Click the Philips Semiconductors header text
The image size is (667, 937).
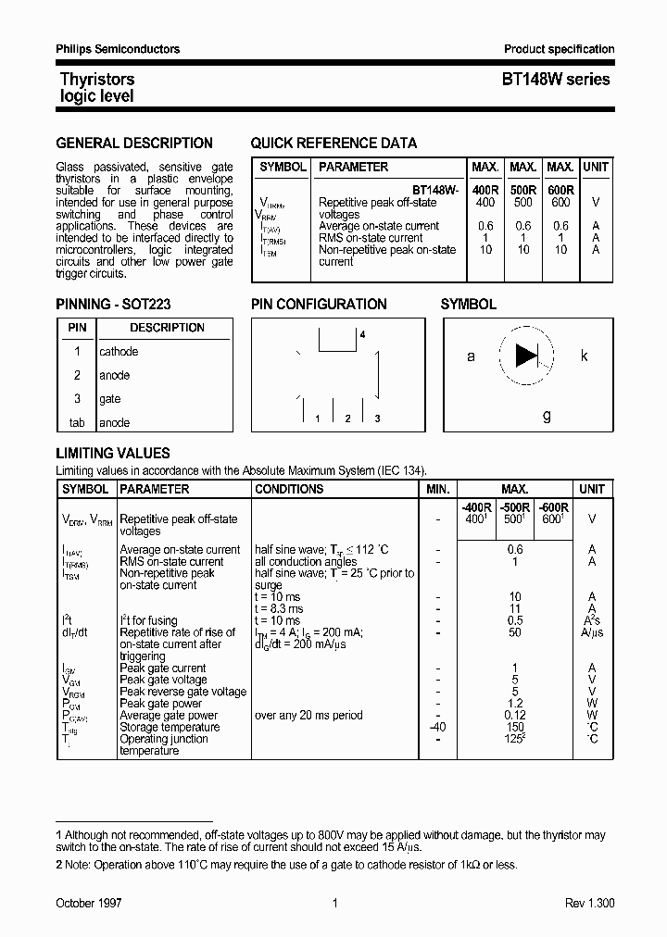[118, 49]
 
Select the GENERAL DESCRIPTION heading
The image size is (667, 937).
[134, 144]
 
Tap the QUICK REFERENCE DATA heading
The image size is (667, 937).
[333, 144]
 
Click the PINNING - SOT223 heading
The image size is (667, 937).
[113, 304]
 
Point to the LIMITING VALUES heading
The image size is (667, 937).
[113, 454]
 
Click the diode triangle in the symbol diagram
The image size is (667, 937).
[526, 355]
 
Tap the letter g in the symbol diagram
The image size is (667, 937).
[547, 416]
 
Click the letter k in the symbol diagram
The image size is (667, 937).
[585, 356]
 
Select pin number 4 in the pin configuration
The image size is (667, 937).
[362, 334]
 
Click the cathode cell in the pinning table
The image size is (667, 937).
[119, 352]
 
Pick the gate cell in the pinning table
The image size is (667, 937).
[110, 399]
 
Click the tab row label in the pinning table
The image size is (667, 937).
[77, 423]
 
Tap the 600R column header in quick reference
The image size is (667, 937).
[560, 190]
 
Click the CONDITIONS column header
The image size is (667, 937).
[289, 489]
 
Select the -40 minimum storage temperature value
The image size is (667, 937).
[437, 728]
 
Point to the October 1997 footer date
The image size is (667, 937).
[89, 903]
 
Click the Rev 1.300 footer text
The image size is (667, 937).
[589, 903]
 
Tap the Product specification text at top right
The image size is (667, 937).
[559, 49]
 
